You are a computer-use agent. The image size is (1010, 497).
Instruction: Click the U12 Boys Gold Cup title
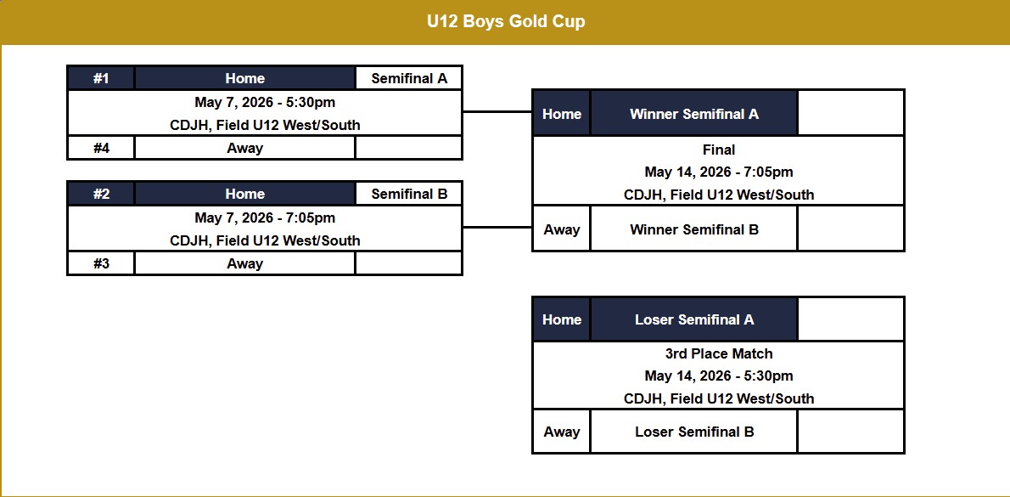click(x=506, y=22)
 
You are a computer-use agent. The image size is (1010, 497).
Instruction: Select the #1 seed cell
click(x=101, y=78)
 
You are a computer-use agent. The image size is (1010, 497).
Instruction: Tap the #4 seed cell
click(x=101, y=148)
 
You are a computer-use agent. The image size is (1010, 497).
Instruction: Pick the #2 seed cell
click(x=101, y=194)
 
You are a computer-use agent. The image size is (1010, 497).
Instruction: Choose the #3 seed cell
click(x=101, y=263)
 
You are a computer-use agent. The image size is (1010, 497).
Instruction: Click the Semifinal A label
click(x=409, y=78)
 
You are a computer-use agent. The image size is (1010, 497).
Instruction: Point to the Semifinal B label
click(x=409, y=194)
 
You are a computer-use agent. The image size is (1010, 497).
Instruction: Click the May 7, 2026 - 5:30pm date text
click(x=265, y=103)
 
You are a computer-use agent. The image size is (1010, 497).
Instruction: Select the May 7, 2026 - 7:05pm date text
click(x=265, y=218)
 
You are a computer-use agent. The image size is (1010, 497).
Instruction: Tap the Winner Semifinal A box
click(x=694, y=114)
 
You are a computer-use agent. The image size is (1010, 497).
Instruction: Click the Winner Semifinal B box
click(x=694, y=229)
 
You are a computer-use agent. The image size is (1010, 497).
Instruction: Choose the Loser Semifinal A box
click(x=694, y=319)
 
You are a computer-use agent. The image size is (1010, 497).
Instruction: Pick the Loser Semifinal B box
click(x=694, y=432)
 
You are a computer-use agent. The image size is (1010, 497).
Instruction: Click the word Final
click(x=719, y=150)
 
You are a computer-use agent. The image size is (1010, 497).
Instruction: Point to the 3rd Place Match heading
click(x=719, y=353)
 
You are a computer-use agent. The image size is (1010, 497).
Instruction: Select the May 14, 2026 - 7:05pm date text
click(x=719, y=172)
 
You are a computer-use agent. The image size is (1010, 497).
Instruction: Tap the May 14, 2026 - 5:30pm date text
click(x=719, y=376)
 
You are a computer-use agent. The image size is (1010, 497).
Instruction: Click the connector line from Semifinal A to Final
click(x=497, y=111)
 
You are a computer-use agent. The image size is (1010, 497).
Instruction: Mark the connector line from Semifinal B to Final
click(x=497, y=227)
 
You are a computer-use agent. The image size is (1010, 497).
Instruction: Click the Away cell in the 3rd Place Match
click(x=562, y=432)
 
